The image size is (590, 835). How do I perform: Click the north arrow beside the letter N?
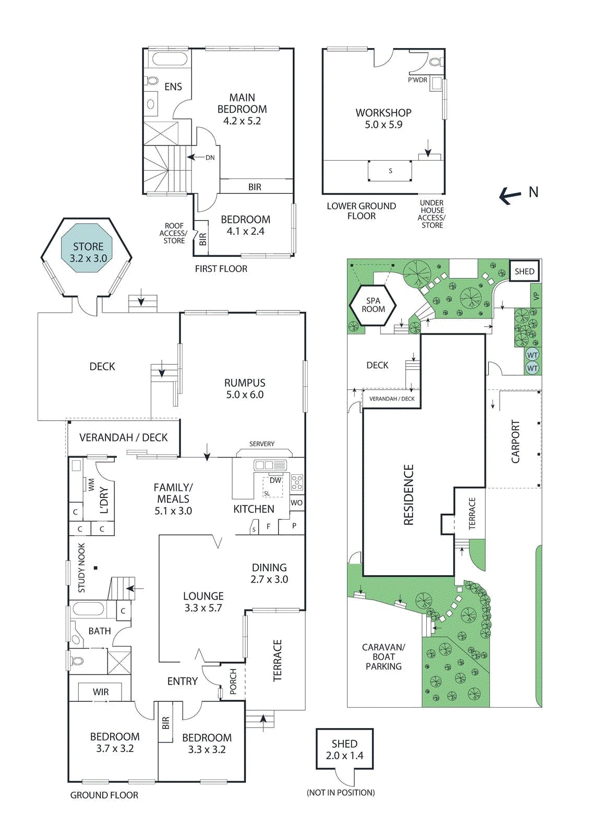pos(510,196)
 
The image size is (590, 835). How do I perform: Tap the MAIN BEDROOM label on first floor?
pos(242,109)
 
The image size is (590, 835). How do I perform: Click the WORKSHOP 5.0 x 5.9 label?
pos(383,118)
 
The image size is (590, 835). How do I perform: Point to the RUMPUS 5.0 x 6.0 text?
pos(245,389)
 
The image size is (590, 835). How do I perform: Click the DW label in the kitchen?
pos(275,480)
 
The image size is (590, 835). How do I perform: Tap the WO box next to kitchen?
pos(296,503)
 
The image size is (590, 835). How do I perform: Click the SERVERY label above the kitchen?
pos(262,444)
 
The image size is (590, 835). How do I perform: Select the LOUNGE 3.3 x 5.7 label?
pos(203,602)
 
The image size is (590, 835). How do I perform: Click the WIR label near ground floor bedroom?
pos(101,692)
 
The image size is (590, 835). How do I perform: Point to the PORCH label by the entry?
pos(233,681)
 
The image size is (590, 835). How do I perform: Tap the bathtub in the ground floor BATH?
pos(88,609)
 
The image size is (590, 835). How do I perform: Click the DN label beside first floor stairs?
pos(210,158)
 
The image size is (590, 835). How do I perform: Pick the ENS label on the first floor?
pos(173,87)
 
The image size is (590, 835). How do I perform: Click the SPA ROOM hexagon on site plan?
pos(374,305)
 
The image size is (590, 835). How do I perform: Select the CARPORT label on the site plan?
pos(515,442)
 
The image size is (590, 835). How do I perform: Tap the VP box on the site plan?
pos(536,296)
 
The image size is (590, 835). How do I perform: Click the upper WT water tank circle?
pos(532,355)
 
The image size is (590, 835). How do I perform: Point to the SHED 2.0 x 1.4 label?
pos(344,749)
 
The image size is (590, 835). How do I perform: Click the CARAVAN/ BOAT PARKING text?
pos(383,657)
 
